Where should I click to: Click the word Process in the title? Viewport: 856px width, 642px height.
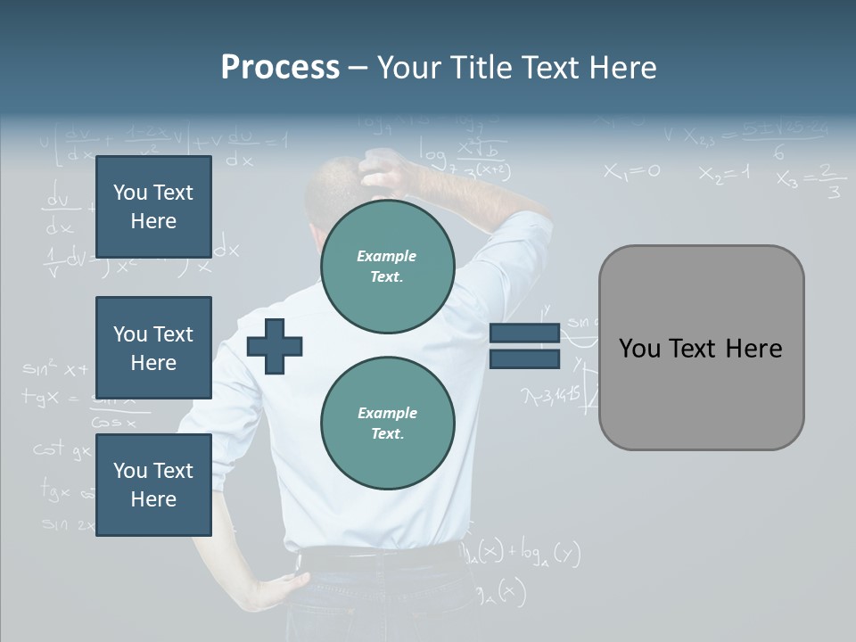[x=280, y=68]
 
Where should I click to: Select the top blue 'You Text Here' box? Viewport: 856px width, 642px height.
[x=153, y=207]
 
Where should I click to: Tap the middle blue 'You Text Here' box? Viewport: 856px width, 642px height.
[x=153, y=348]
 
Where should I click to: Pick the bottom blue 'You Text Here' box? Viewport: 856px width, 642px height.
[x=153, y=484]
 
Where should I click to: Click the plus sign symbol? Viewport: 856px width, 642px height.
[x=275, y=346]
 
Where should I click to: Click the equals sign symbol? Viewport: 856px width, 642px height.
[x=524, y=346]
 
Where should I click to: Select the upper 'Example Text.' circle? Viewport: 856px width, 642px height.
[x=387, y=266]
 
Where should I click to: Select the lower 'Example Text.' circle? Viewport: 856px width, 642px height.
[x=387, y=423]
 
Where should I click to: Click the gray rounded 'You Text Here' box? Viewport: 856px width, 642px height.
[x=701, y=348]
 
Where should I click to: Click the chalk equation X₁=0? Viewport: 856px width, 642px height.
[x=631, y=171]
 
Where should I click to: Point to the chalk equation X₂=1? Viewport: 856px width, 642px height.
[x=724, y=174]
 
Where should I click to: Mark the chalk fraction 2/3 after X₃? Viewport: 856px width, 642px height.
[x=832, y=181]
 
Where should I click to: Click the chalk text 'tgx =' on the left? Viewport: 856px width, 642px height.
[x=49, y=399]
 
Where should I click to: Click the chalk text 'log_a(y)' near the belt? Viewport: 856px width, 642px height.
[x=544, y=555]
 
